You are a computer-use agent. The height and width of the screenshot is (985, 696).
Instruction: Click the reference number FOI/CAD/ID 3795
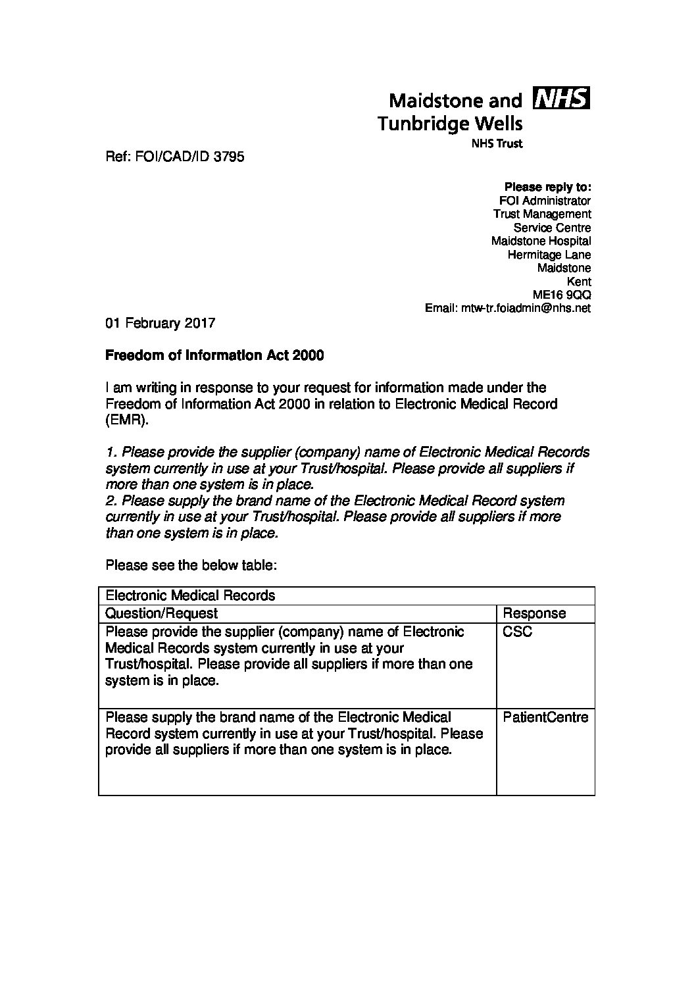tap(175, 157)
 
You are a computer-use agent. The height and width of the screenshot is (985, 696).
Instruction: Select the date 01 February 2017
tap(161, 323)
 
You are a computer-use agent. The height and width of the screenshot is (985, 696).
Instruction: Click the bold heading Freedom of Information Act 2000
tap(214, 355)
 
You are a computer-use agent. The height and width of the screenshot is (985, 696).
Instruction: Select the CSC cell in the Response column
tap(518, 632)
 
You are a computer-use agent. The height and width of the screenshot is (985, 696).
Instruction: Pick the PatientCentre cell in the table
tap(545, 717)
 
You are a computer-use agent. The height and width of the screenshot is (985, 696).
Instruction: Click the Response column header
tap(534, 613)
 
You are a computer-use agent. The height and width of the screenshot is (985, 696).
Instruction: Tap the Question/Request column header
tap(162, 613)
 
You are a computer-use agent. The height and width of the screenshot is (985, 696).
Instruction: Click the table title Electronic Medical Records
tap(190, 595)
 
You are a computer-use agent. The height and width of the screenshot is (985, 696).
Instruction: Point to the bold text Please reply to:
tap(547, 187)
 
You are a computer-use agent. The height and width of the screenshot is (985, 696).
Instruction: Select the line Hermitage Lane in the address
tap(549, 255)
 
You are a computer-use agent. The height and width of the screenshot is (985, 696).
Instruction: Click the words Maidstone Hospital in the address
tap(541, 241)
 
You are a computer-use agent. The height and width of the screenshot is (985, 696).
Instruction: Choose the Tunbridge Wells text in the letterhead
tap(449, 123)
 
